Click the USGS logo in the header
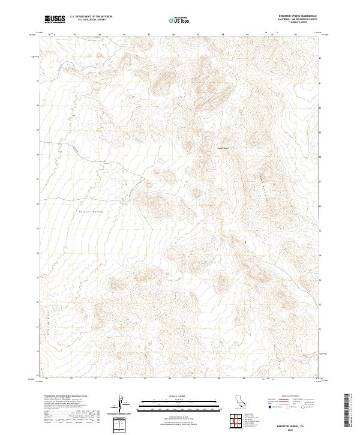(x=55, y=20)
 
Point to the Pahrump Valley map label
(x=91, y=211)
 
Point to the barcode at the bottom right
(x=351, y=411)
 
